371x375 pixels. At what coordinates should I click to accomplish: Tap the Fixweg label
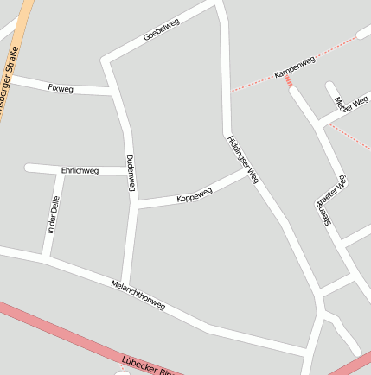pos(61,87)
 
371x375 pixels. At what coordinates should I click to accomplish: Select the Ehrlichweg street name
pos(80,170)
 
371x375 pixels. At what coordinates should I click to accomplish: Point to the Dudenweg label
pos(131,173)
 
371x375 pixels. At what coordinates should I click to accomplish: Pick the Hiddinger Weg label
pos(243,159)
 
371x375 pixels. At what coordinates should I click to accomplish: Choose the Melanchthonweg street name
pos(138,295)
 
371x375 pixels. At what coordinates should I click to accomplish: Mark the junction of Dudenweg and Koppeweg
pos(135,204)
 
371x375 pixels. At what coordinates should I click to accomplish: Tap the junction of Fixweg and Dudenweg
pos(116,91)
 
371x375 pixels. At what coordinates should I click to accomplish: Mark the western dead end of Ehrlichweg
pos(29,168)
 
